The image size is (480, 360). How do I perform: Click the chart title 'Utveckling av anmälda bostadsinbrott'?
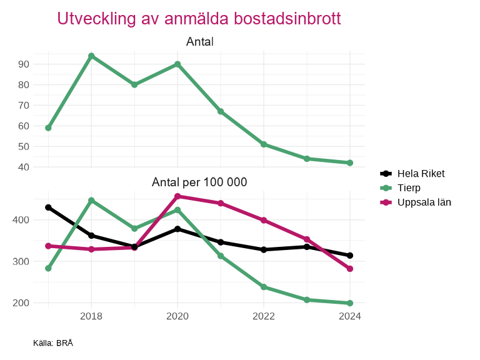click(x=199, y=19)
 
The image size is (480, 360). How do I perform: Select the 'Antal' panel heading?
click(x=200, y=42)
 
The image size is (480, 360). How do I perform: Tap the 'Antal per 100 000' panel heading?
click(x=199, y=182)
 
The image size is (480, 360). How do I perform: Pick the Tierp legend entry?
click(x=409, y=188)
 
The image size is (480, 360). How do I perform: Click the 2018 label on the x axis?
click(x=91, y=316)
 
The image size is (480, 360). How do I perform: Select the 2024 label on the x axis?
click(x=350, y=316)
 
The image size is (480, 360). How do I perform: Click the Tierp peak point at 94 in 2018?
click(x=91, y=56)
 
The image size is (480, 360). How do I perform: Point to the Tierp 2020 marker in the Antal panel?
click(x=177, y=64)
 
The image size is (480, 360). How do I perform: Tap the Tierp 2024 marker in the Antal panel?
click(x=350, y=163)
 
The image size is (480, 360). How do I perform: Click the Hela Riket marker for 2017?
click(x=48, y=207)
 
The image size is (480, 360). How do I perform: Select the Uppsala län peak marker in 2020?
click(x=177, y=196)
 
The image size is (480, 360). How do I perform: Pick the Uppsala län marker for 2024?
click(x=350, y=269)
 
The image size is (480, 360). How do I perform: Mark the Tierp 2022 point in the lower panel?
click(x=264, y=287)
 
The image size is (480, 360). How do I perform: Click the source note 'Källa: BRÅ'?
click(x=53, y=343)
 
